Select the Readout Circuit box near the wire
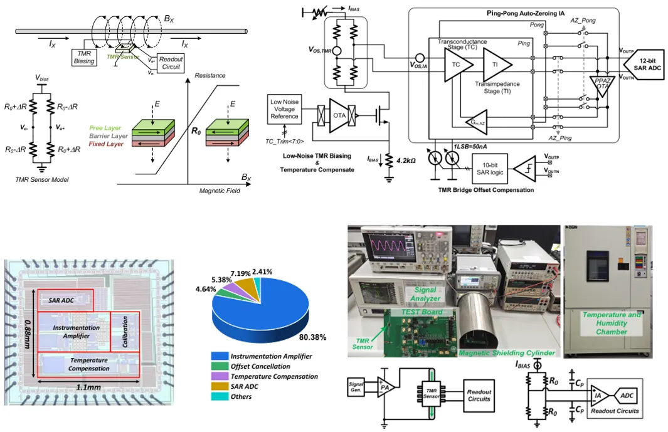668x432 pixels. pos(171,63)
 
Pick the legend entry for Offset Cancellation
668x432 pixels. pos(259,366)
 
